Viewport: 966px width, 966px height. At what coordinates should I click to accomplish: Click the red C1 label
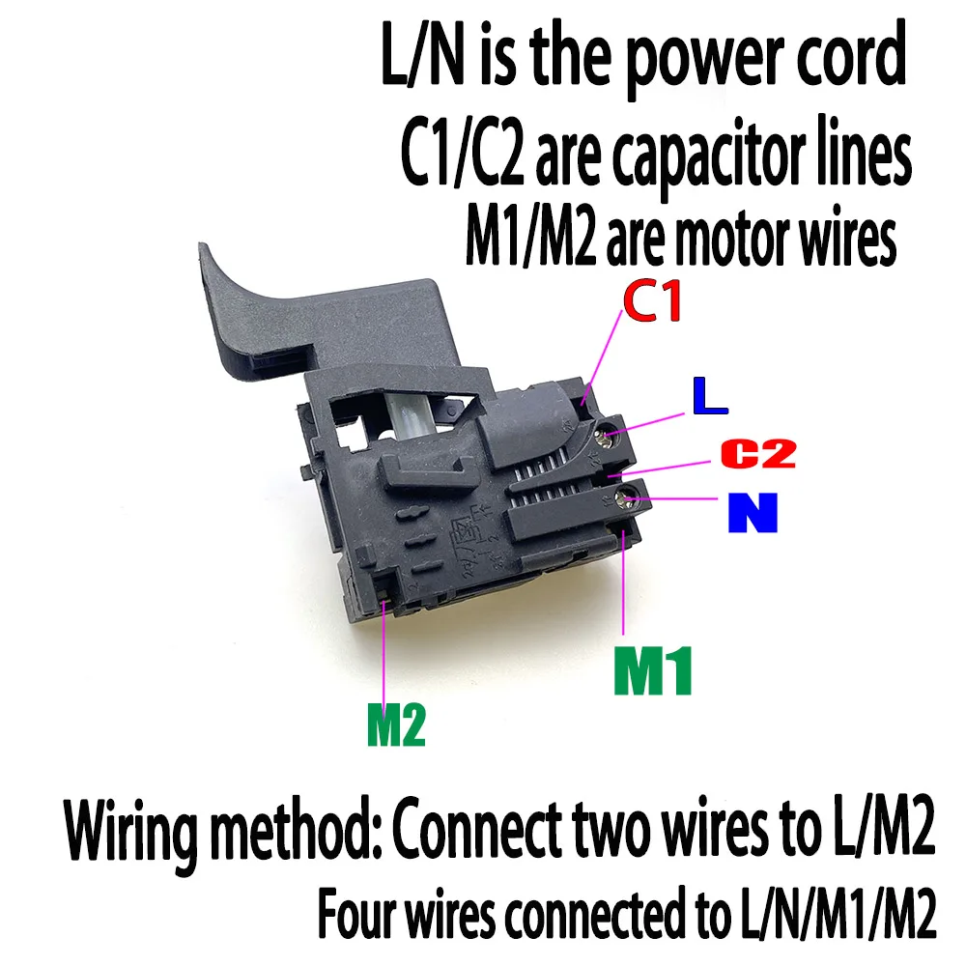point(652,300)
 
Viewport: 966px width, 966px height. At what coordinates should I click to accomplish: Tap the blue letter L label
point(710,395)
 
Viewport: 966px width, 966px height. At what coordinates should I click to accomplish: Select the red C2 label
point(758,453)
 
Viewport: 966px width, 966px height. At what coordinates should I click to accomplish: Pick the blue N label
point(753,512)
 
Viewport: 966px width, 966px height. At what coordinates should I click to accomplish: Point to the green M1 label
point(653,670)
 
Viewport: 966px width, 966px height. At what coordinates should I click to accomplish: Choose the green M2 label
point(396,725)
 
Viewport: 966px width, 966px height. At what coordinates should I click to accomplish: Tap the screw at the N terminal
point(627,497)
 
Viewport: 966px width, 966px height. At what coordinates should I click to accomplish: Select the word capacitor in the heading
point(707,154)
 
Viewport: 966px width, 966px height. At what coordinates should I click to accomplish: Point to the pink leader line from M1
point(623,582)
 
